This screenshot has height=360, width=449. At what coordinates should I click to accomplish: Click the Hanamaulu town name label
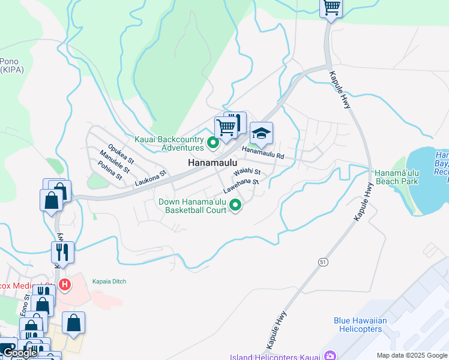(x=213, y=163)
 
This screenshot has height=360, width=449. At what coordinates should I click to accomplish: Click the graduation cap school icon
(x=261, y=133)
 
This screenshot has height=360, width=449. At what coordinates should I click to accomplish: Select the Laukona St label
(x=149, y=178)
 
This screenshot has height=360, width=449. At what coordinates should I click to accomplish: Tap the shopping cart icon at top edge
(x=331, y=8)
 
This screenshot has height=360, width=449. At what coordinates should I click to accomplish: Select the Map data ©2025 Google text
(x=411, y=355)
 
